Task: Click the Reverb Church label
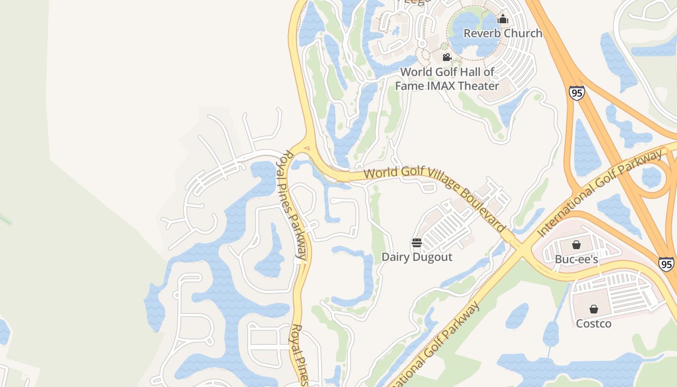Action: point(503,33)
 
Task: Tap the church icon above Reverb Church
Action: point(503,19)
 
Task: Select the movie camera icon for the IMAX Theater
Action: point(447,58)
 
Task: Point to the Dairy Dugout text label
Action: point(417,257)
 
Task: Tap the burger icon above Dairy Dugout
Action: point(417,243)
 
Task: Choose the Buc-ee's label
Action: point(576,259)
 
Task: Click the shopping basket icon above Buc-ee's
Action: point(576,245)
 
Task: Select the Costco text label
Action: point(594,323)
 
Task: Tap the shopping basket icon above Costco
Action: point(594,309)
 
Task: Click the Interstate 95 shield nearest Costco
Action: point(666,264)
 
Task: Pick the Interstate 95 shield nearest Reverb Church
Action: point(576,93)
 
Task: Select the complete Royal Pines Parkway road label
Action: point(294,206)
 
